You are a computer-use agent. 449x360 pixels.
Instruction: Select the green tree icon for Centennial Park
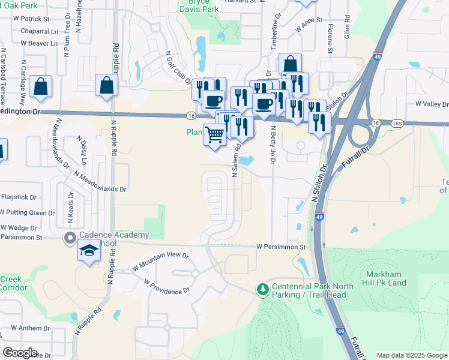262,290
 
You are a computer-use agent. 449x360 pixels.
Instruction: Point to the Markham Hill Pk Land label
387,278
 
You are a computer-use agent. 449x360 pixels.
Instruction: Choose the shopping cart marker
214,134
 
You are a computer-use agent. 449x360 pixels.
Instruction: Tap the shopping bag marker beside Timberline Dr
290,64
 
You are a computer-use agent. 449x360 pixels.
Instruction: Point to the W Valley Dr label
432,104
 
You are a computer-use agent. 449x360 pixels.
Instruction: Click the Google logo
20,353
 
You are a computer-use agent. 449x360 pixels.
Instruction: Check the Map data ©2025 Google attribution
412,355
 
